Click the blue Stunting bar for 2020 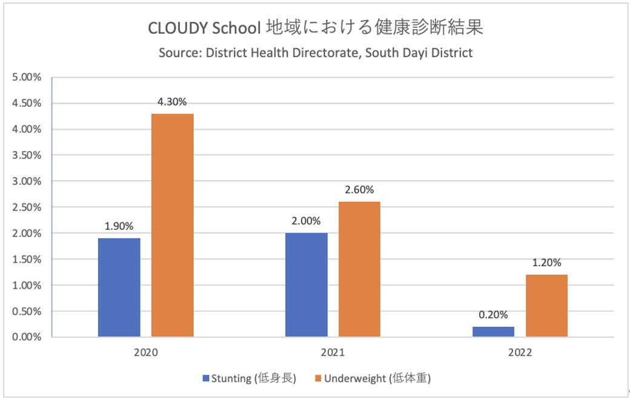click(119, 287)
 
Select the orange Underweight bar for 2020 click(173, 225)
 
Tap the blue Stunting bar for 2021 click(306, 285)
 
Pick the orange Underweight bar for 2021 click(359, 269)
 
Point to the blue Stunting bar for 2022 click(493, 332)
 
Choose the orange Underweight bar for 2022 click(546, 306)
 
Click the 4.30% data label click(173, 102)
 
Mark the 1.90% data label click(119, 226)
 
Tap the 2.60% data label click(359, 190)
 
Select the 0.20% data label click(493, 315)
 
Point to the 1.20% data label click(546, 263)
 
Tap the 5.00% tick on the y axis click(27, 78)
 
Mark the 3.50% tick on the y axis click(27, 155)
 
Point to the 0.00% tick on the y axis click(27, 337)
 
